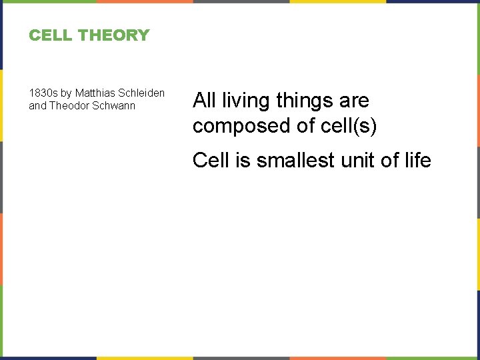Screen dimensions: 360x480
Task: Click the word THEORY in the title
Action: (117, 35)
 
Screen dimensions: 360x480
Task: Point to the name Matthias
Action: (96, 93)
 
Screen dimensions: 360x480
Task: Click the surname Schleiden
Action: (141, 93)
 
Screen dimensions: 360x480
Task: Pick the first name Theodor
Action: (70, 105)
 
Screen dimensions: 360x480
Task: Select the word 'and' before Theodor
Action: (37, 105)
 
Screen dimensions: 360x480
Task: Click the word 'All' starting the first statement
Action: (204, 101)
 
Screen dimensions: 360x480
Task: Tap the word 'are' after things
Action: (354, 101)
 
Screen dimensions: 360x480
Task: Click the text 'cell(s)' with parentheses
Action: (347, 126)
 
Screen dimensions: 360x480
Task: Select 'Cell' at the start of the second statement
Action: (209, 160)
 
